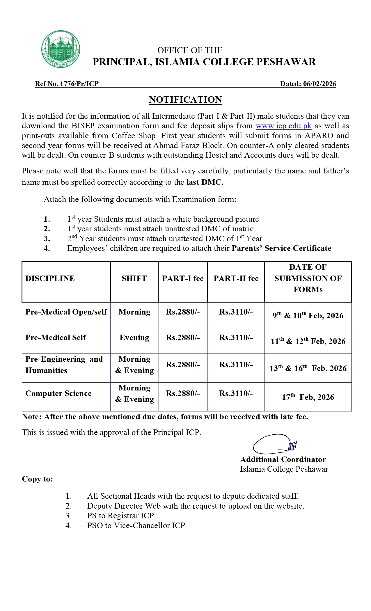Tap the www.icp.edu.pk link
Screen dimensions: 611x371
point(283,126)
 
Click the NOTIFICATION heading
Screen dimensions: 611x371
point(185,100)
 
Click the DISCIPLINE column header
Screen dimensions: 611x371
point(50,278)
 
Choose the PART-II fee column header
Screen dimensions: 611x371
point(236,278)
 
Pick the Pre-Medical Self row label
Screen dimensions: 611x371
point(56,338)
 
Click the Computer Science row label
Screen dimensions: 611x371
point(58,393)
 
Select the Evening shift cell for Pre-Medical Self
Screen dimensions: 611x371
point(134,338)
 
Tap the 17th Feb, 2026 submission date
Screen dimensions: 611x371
point(308,397)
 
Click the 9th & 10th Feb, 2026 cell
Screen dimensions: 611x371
point(308,316)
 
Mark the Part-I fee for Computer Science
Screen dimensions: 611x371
point(183,393)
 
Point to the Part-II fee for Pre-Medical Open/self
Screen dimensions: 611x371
point(236,312)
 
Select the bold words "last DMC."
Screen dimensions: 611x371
point(205,182)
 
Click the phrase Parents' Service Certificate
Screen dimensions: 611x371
point(281,248)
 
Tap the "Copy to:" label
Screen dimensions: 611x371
point(38,479)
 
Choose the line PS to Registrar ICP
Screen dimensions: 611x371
point(120,516)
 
